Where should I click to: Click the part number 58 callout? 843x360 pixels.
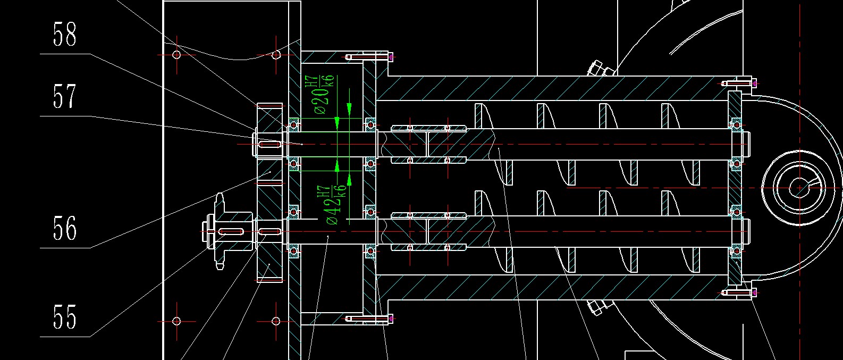point(64,34)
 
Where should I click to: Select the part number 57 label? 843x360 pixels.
point(64,96)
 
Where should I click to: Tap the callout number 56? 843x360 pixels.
point(64,228)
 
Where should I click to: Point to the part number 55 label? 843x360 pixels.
point(64,317)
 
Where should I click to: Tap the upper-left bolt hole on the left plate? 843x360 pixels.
point(176,55)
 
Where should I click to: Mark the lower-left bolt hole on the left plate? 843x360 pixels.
point(176,321)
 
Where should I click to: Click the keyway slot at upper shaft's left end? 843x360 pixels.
point(270,144)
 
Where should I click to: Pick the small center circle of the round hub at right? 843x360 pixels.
point(799,188)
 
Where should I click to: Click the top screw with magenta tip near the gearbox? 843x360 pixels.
point(369,57)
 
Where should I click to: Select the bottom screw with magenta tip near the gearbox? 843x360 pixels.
point(369,320)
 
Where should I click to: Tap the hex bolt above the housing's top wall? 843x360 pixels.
point(600,69)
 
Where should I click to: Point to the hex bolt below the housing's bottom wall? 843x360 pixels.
point(600,307)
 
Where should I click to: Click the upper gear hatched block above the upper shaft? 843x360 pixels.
point(269,117)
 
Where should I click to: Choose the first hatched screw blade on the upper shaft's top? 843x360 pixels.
point(479,116)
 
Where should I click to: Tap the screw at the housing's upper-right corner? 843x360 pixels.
point(739,83)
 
